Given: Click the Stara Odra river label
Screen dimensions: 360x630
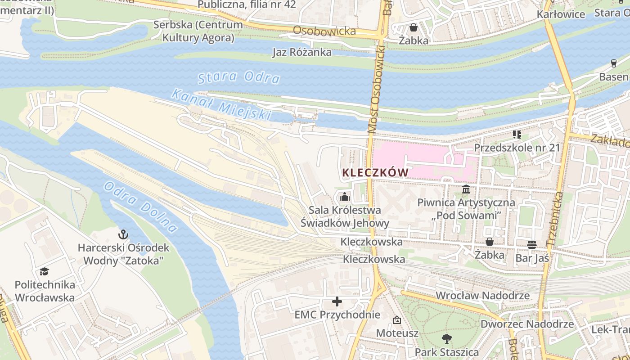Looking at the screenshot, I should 239,77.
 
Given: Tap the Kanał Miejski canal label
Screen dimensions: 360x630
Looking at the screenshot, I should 222,105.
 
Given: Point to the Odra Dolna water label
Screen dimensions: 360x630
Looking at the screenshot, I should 140,207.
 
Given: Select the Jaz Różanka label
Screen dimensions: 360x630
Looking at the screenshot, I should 302,52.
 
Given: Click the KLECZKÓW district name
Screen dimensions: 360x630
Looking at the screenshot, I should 375,172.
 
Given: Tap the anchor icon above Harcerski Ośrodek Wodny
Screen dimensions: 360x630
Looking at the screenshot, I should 123,234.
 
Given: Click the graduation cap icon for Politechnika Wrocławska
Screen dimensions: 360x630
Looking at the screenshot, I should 44,271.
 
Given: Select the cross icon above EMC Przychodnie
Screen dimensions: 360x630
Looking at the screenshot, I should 337,301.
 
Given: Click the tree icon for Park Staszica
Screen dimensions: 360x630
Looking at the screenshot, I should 446,338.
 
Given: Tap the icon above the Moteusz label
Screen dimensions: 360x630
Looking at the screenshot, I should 397,320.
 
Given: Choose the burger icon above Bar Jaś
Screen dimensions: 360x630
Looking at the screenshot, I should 532,244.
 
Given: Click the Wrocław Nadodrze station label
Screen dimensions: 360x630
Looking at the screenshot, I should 483,296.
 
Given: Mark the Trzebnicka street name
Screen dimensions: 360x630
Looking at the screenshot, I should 554,219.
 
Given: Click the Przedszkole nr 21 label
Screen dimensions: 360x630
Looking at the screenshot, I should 517,148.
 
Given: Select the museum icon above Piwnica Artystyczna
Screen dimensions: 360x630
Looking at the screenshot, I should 466,189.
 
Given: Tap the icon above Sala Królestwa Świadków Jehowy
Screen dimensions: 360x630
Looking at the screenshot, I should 345,197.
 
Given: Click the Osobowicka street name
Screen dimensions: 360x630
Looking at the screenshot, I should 324,31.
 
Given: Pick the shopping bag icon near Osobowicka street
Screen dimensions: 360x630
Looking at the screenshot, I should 414,27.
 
